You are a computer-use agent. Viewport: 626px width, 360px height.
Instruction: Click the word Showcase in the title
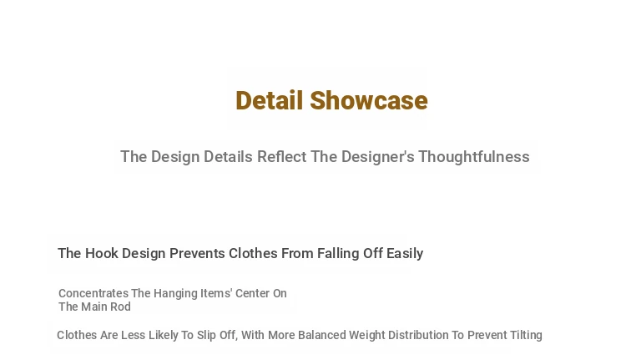coord(369,100)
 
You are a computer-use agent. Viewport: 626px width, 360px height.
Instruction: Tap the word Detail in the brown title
coord(269,100)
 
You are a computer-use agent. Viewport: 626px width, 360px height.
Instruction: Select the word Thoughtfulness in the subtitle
coord(474,157)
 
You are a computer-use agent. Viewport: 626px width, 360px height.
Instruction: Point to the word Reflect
coord(282,157)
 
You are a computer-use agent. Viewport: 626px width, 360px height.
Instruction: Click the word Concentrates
coord(93,293)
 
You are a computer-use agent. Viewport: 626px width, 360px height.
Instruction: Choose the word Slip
coord(206,335)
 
